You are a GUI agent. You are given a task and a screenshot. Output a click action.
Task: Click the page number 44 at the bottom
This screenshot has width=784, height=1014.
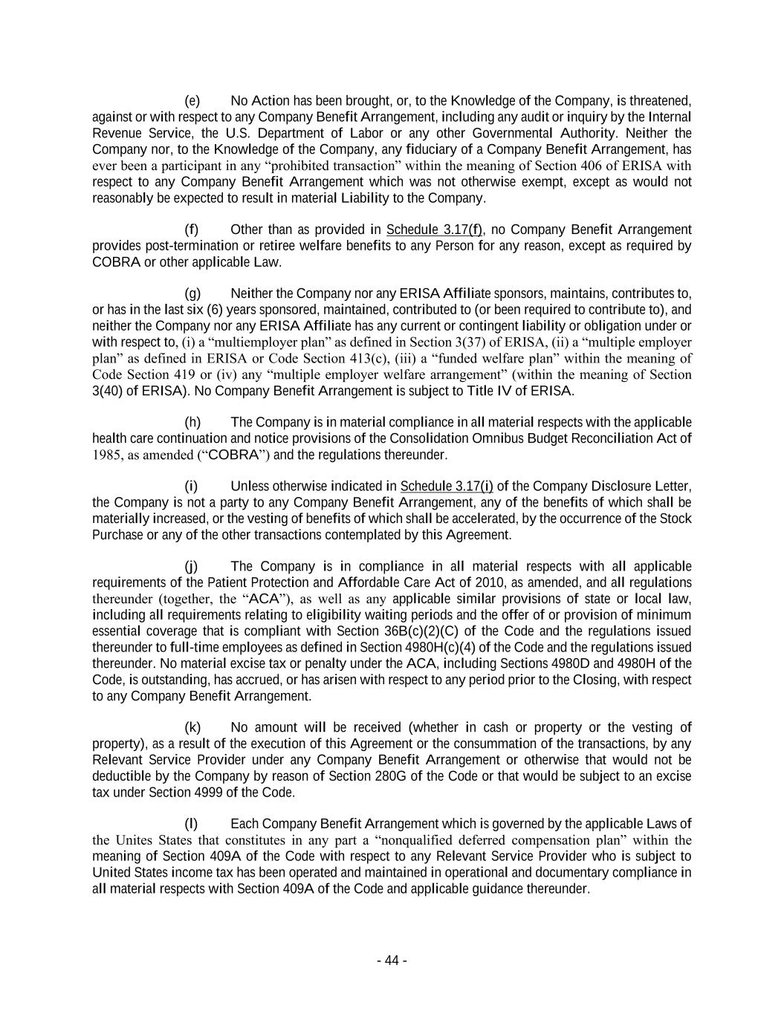tap(392, 961)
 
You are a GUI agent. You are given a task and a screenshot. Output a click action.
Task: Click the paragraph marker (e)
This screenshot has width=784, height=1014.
tap(192, 101)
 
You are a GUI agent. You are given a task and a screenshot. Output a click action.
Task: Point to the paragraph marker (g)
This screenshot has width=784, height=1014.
tap(192, 293)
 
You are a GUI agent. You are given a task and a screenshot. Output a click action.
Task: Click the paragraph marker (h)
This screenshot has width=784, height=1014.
tap(192, 422)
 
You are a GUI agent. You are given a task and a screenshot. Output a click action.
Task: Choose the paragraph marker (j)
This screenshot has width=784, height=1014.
tap(191, 567)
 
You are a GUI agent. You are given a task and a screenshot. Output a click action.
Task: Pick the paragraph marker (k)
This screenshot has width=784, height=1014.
tap(192, 727)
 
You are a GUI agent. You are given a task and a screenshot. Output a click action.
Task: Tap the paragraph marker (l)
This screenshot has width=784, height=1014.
tap(191, 824)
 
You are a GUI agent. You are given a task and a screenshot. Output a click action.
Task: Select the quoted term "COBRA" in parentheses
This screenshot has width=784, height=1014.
tap(230, 455)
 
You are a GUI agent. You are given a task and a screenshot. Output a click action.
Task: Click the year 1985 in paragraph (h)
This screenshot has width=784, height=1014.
tap(105, 455)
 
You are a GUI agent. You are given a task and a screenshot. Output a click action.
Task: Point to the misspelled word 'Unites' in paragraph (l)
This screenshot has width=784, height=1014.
tap(135, 840)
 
